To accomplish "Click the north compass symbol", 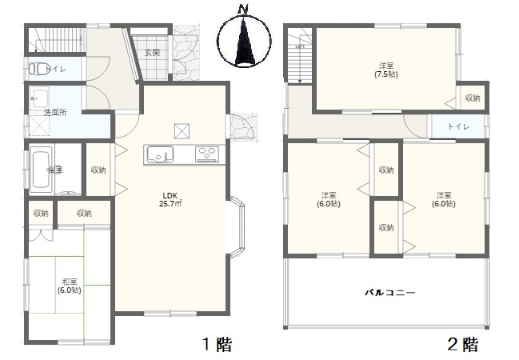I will pyautogui.click(x=243, y=38).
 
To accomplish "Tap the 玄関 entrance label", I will pyautogui.click(x=152, y=53).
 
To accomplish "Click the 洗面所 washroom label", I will pyautogui.click(x=55, y=112).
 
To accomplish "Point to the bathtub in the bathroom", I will pyautogui.click(x=40, y=170).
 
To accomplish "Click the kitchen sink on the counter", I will pyautogui.click(x=158, y=154).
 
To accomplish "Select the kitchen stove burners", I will pyautogui.click(x=208, y=154).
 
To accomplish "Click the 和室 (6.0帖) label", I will pyautogui.click(x=69, y=286).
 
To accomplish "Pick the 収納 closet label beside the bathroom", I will pyautogui.click(x=98, y=170).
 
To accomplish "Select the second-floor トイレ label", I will pyautogui.click(x=458, y=127).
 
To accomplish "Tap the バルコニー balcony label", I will pyautogui.click(x=389, y=294).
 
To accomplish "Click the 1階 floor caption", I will pyautogui.click(x=216, y=345).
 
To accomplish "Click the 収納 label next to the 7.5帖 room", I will pyautogui.click(x=473, y=98).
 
